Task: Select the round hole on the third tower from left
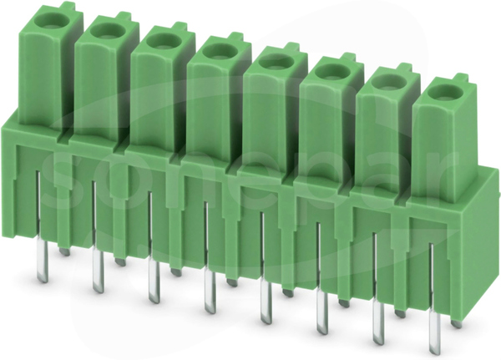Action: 164,42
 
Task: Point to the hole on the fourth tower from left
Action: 220,52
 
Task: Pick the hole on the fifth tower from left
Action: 276,63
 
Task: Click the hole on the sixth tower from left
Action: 332,73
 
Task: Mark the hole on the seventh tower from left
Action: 389,84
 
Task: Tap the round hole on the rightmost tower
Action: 445,94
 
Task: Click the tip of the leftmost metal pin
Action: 43,280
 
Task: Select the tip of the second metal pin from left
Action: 99,290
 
